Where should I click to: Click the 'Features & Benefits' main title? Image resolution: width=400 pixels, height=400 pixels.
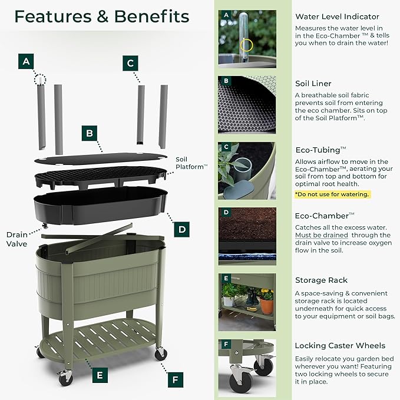pos(101,16)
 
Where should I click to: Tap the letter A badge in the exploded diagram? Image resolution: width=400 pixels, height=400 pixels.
pos(25,61)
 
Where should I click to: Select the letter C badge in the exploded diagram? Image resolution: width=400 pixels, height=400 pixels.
pos(131,63)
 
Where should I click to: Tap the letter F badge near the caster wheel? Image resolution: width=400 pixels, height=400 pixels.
pos(174,379)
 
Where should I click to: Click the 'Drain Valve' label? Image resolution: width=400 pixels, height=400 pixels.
pos(16,239)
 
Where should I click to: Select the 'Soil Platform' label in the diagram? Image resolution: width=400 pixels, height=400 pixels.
pos(191,163)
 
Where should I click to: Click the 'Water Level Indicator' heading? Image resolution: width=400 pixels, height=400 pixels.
pos(337,16)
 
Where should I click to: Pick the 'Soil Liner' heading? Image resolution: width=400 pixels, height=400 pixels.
pos(313,84)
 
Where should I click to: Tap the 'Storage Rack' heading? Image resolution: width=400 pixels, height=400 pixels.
pos(321,280)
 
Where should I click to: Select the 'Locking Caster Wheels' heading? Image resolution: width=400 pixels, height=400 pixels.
pos(340,345)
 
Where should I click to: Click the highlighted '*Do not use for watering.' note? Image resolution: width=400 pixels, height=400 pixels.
pos(332,194)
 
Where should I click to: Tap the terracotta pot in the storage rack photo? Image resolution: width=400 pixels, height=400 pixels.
pos(267,306)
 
